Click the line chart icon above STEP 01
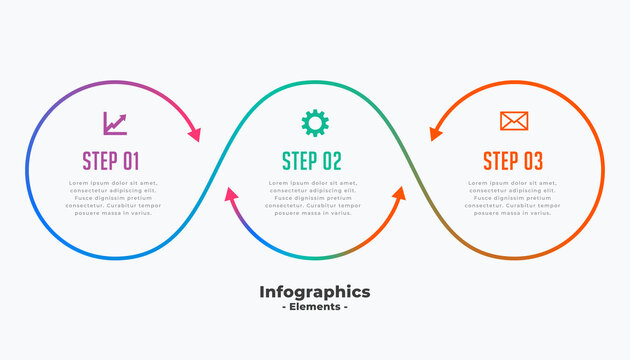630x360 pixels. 114,123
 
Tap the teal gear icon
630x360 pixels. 314,123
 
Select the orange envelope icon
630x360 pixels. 514,122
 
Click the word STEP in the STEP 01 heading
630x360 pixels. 100,160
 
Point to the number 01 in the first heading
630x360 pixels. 132,160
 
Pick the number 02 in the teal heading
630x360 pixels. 331,160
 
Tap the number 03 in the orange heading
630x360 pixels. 532,160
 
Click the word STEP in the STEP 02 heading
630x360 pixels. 299,160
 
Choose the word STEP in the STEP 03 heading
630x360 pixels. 499,160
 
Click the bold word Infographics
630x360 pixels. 314,292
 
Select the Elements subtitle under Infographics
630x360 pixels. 314,307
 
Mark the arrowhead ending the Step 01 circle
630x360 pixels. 194,134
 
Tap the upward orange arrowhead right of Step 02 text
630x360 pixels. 399,194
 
